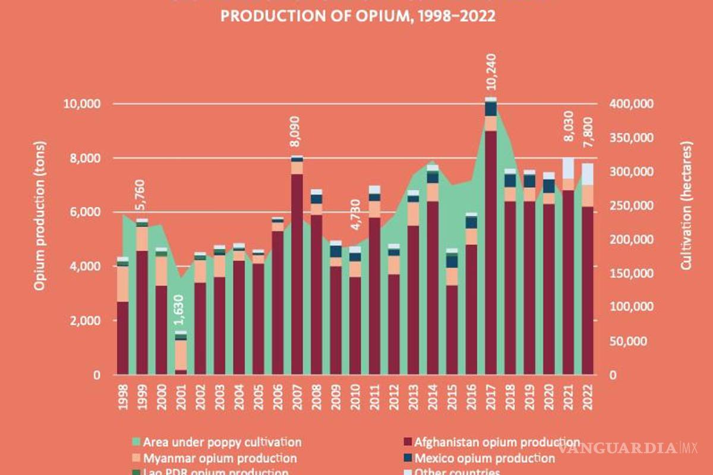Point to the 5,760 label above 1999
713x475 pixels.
click(142, 197)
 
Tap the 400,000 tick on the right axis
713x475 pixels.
click(632, 104)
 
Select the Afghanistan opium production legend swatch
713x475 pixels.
click(407, 442)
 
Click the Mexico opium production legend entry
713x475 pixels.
click(484, 458)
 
